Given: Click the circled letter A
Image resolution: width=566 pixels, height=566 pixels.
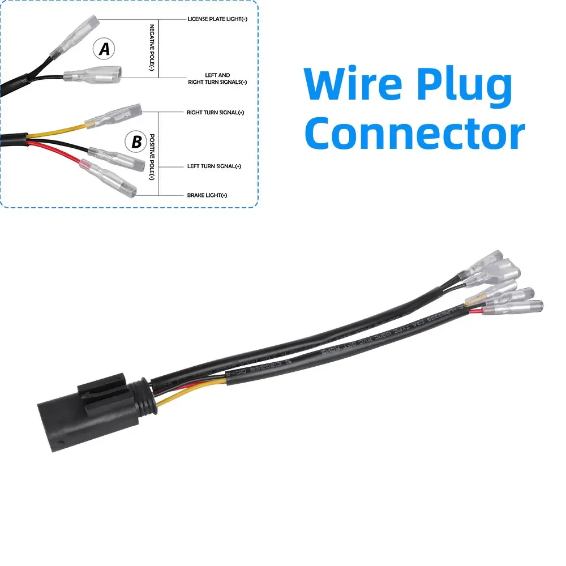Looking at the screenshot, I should pyautogui.click(x=104, y=50).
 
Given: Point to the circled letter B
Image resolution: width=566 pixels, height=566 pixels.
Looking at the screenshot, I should pyautogui.click(x=136, y=141).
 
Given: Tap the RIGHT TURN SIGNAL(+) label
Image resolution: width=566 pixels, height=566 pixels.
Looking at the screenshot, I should pyautogui.click(x=216, y=113).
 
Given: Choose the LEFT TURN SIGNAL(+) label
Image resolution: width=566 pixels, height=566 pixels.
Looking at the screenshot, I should pyautogui.click(x=215, y=166).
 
